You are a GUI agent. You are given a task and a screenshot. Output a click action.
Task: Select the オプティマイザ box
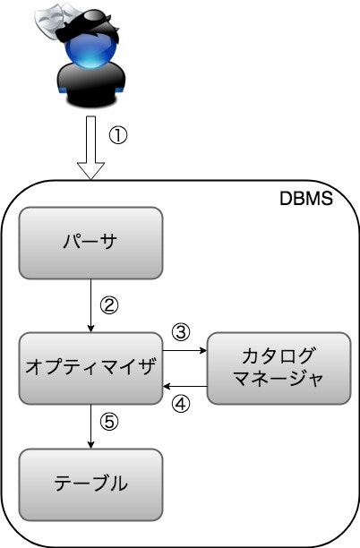click(x=91, y=366)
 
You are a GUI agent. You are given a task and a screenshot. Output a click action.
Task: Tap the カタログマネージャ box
click(x=278, y=366)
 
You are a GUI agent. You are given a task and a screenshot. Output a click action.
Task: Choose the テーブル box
click(x=91, y=484)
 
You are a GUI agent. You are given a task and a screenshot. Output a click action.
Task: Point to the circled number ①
click(x=118, y=136)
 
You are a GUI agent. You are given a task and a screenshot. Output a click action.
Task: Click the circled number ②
click(x=108, y=304)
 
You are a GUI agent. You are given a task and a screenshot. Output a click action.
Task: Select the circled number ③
click(x=181, y=332)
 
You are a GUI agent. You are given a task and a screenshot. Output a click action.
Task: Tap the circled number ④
click(x=181, y=404)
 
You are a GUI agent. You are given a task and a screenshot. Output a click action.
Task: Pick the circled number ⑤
click(x=109, y=422)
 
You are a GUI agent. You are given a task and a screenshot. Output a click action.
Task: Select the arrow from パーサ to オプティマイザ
click(x=91, y=304)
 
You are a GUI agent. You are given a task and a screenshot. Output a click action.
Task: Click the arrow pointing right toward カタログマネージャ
click(x=185, y=351)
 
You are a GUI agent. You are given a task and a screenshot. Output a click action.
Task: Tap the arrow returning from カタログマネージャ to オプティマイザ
click(x=185, y=386)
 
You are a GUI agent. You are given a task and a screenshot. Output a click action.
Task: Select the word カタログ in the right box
click(x=278, y=355)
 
